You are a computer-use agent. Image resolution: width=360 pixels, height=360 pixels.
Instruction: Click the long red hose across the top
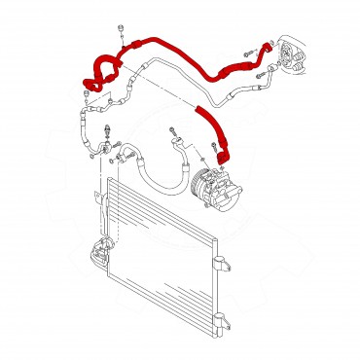185,58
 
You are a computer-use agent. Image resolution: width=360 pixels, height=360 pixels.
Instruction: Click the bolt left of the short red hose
174,127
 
